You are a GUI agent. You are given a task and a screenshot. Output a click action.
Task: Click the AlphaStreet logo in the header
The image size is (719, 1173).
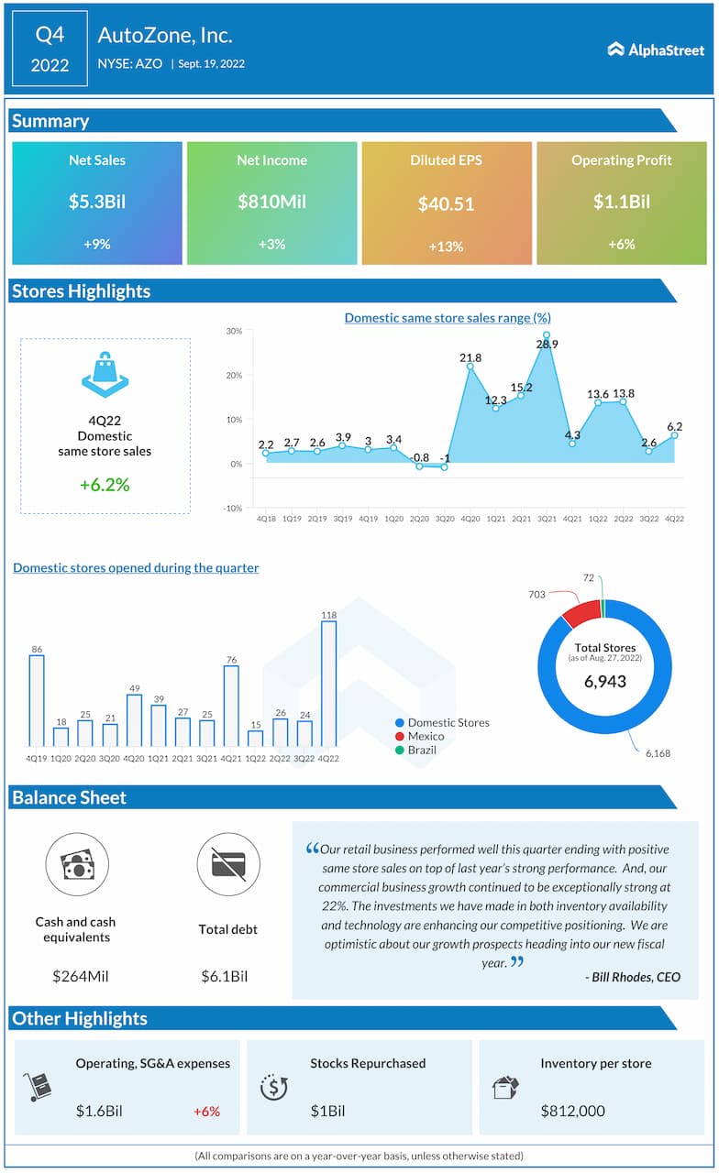click(655, 49)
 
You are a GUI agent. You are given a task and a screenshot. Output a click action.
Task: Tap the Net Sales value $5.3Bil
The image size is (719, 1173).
click(97, 202)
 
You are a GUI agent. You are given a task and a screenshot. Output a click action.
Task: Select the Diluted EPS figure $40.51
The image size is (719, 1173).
click(446, 203)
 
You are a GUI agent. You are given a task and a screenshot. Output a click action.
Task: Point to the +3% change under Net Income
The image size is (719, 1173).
click(271, 245)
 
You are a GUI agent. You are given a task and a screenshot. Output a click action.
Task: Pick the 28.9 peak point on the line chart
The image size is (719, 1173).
click(547, 335)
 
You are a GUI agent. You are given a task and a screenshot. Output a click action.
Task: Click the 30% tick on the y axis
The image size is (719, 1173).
click(234, 331)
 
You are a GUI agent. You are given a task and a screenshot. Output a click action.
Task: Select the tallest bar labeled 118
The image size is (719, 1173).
click(328, 683)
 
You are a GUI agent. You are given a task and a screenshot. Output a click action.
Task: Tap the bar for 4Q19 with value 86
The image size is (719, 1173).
click(37, 700)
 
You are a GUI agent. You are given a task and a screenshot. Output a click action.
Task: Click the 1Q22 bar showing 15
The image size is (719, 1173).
click(256, 738)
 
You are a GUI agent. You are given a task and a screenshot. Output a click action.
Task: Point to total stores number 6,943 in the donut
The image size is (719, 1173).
click(603, 682)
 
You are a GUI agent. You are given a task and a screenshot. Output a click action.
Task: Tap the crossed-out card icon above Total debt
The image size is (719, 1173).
click(228, 865)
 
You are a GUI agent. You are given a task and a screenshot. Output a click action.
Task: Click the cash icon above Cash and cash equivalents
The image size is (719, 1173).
click(77, 865)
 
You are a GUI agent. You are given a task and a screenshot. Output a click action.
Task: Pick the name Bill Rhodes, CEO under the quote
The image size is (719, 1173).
click(632, 977)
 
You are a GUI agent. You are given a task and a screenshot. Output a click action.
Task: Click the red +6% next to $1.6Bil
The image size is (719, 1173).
click(206, 1111)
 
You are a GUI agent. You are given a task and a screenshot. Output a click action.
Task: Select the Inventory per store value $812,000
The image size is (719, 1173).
click(572, 1111)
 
